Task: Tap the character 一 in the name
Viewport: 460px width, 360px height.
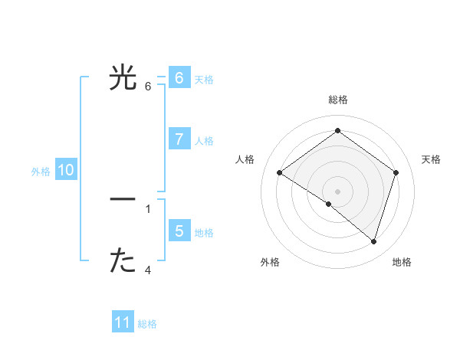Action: (x=123, y=199)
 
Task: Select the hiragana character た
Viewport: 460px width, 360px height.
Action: (x=123, y=261)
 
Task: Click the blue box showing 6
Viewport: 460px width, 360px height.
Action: (x=179, y=77)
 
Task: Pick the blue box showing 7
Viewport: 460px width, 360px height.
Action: (x=179, y=139)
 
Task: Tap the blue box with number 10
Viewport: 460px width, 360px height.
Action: (x=66, y=170)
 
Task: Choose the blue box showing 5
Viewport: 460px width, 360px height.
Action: (x=179, y=231)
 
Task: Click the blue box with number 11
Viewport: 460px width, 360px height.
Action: (x=123, y=322)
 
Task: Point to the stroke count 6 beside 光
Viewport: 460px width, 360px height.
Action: (x=148, y=86)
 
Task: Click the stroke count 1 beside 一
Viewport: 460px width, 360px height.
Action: (x=148, y=208)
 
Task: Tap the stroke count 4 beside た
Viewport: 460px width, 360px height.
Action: (x=148, y=270)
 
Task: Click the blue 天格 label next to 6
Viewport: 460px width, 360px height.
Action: (x=204, y=80)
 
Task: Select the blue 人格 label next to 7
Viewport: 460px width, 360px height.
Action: (x=204, y=141)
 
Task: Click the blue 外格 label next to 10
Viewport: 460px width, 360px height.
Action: (x=41, y=172)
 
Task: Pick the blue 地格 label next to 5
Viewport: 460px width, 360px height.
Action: (x=204, y=233)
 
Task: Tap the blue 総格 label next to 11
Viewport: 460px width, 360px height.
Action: (x=147, y=324)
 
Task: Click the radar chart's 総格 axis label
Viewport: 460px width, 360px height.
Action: (x=338, y=100)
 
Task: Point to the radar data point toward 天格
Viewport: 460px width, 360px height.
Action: (x=396, y=173)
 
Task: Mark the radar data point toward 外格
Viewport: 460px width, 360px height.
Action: (x=329, y=204)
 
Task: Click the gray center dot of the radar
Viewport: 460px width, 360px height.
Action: (x=338, y=191)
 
